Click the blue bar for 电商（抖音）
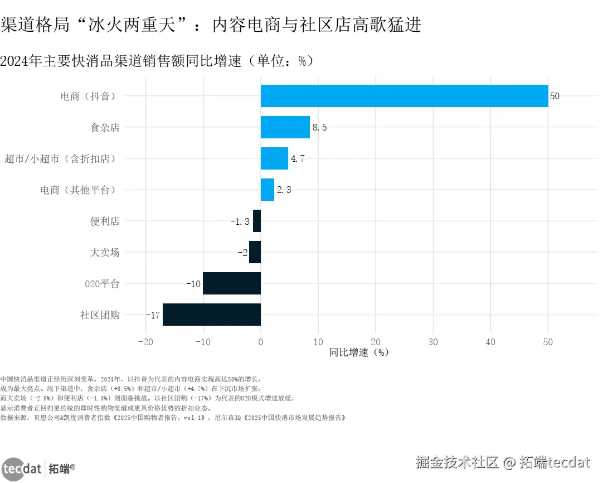coord(404,96)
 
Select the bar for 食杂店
coord(285,127)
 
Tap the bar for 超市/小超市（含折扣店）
coord(274,158)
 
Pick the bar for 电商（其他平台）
coord(268,190)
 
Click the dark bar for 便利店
coord(257,221)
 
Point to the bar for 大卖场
coord(255,252)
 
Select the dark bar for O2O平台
coord(232,283)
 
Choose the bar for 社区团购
coord(212,315)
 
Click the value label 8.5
coord(319,128)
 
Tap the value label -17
coord(153,315)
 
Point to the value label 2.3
coord(284,190)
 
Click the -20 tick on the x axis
coord(145,342)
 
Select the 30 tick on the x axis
coord(433,342)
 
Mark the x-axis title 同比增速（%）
coord(358,352)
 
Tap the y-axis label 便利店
coord(105,221)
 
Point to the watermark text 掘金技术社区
coord(457,462)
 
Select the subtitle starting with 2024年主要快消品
coord(157,61)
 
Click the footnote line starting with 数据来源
coord(173,417)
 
